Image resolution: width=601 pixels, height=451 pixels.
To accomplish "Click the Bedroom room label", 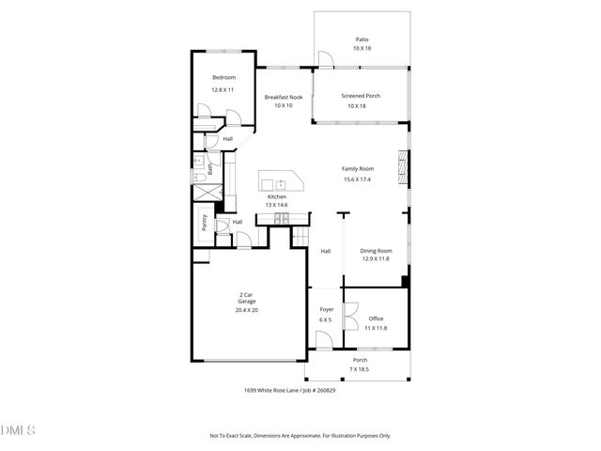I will (223, 77).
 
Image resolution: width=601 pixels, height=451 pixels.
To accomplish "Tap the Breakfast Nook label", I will (283, 97).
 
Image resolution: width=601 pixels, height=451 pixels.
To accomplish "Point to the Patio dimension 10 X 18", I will (362, 48).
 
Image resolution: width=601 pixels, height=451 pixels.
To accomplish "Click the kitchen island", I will (283, 181).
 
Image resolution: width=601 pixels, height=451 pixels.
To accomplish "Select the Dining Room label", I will (376, 251).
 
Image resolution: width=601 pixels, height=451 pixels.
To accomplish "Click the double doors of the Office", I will (348, 316).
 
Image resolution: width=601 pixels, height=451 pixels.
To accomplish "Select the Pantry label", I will (204, 223).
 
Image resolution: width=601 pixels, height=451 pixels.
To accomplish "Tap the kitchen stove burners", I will (280, 219).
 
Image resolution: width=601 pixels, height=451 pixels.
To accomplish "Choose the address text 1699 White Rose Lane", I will (283, 390).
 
